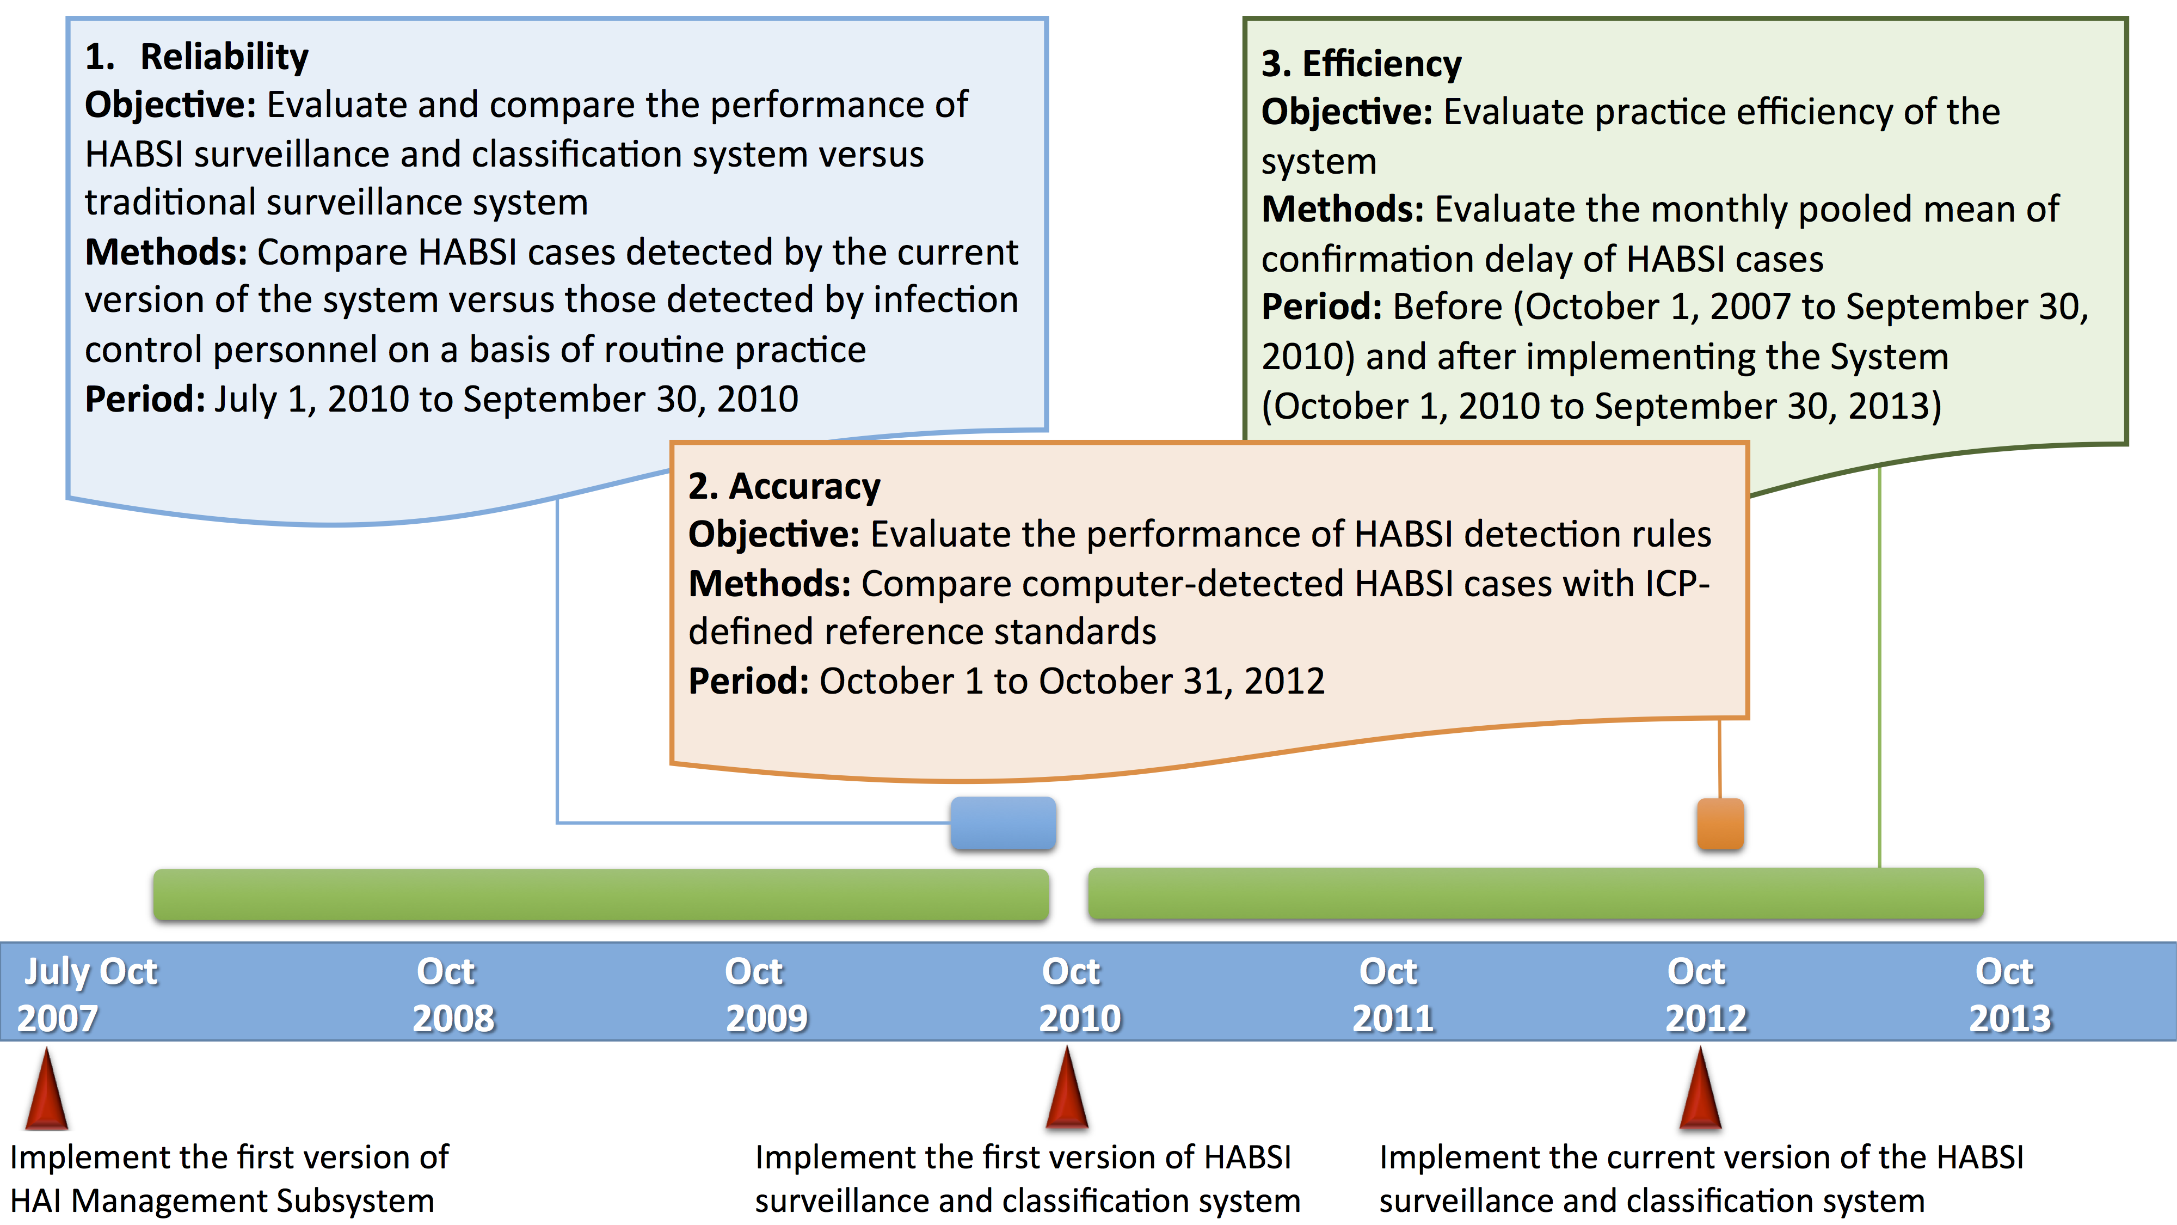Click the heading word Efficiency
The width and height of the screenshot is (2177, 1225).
1382,64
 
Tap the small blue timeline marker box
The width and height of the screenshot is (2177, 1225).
1003,823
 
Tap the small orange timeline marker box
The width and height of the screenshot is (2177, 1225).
1720,823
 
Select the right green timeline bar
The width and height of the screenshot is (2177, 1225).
1535,893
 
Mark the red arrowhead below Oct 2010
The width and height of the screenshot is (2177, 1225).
1067,1087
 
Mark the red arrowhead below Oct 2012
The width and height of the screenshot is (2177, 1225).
1700,1088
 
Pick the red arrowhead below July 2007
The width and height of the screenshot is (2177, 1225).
46,1088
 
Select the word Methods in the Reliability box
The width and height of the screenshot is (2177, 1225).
165,252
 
